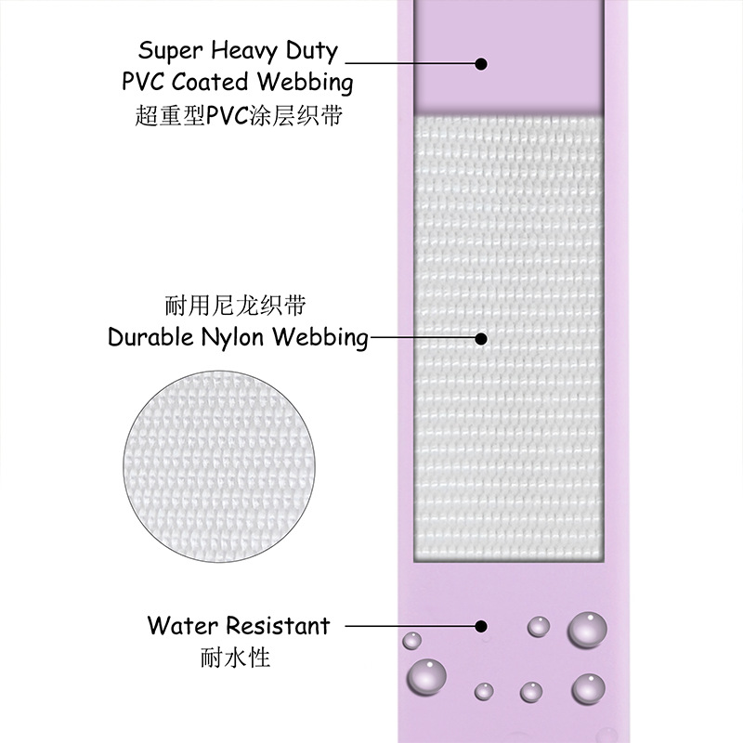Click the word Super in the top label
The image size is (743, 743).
click(171, 49)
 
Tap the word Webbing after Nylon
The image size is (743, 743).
click(321, 338)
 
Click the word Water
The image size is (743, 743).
click(181, 625)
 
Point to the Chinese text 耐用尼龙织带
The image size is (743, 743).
click(235, 305)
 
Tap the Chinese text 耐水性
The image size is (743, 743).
click(235, 658)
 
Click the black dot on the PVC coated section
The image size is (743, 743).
click(481, 63)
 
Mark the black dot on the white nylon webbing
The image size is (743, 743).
click(481, 338)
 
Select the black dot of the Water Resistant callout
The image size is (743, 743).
click(481, 626)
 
